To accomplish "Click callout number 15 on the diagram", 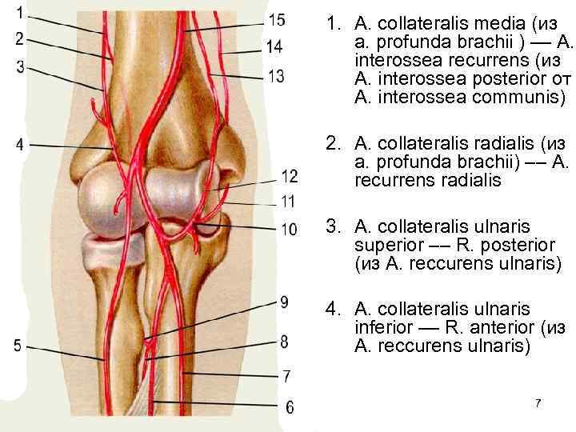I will (277, 20).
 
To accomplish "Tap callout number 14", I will (274, 47).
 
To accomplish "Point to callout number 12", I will (289, 176).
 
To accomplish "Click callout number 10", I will (289, 230).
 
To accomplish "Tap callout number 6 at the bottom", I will (289, 407).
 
